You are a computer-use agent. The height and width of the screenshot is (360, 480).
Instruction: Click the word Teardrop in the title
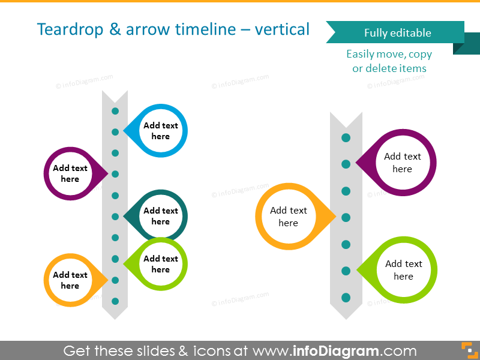coord(70,30)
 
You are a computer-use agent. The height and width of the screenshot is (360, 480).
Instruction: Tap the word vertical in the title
coord(282,29)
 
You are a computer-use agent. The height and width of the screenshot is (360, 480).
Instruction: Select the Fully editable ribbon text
coord(398,33)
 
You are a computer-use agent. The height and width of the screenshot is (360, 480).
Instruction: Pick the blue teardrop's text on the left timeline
coord(161,131)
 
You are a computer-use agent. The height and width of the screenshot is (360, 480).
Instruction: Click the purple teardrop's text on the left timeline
coord(70,173)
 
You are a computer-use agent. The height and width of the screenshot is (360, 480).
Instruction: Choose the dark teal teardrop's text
coord(161,216)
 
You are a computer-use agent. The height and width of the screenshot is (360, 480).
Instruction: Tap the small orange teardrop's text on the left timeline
coord(70,280)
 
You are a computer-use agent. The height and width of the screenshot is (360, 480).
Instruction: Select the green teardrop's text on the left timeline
coord(161,264)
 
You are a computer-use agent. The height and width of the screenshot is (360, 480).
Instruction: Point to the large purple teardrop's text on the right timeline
coord(403,163)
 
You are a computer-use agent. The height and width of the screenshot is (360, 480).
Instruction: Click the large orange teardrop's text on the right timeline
coord(289,217)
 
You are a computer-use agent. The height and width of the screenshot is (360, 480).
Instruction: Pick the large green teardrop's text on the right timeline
coord(404,269)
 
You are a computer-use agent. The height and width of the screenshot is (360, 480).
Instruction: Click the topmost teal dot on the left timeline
coord(115,111)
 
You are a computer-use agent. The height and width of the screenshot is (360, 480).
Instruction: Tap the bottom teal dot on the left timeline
coord(115,301)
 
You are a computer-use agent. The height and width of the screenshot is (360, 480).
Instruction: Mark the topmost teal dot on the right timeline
coord(346,138)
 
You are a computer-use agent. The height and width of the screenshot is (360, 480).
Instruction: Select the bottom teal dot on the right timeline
coord(346,298)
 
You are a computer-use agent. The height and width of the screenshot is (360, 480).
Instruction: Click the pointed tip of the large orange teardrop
coord(336,217)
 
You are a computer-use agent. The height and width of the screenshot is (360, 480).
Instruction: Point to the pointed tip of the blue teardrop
coord(124,131)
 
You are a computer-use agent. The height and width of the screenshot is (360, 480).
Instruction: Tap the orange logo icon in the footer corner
coord(470,350)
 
